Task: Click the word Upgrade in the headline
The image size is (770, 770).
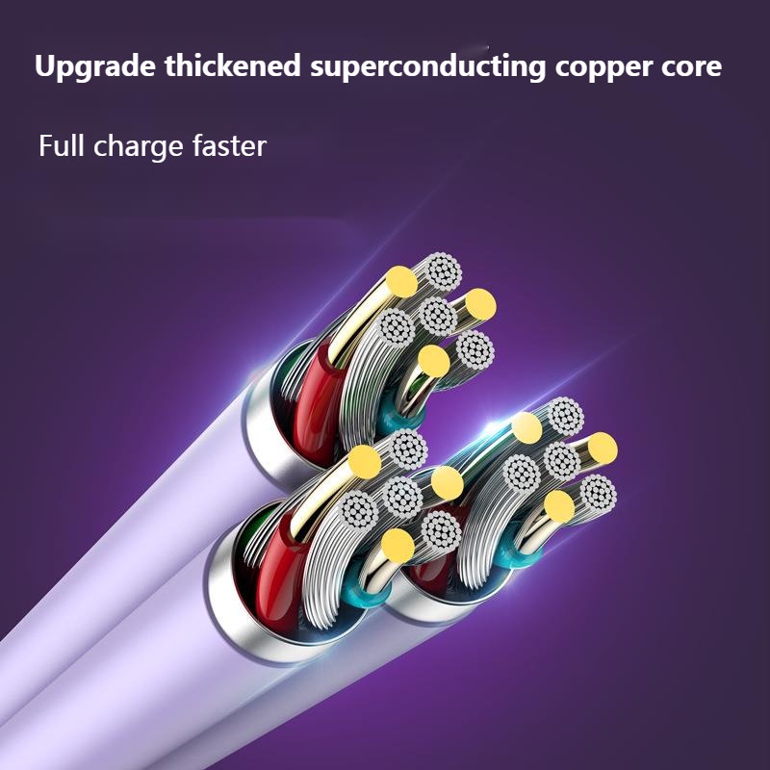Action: click(x=94, y=66)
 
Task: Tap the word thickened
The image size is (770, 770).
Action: click(x=233, y=65)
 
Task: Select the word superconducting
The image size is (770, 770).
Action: click(x=427, y=66)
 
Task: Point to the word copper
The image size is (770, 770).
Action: click(x=603, y=67)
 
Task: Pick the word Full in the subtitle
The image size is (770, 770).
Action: click(x=62, y=145)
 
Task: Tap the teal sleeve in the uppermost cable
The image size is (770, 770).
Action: click(x=400, y=413)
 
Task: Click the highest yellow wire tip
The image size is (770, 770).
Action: click(x=401, y=281)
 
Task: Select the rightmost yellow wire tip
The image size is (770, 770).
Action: click(x=603, y=449)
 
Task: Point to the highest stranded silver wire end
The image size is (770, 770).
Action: click(x=444, y=271)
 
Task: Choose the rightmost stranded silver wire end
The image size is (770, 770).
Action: click(x=598, y=493)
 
